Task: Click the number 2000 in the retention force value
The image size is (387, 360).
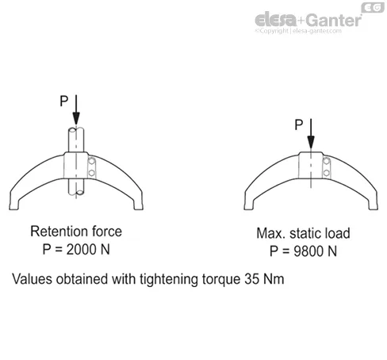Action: (x=81, y=250)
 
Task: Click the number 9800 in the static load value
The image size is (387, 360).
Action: (x=308, y=251)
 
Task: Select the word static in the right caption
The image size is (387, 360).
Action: (x=301, y=233)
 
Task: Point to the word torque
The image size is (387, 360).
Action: (x=221, y=280)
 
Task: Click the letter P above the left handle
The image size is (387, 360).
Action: (x=64, y=101)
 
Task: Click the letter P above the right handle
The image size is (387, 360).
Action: (x=299, y=124)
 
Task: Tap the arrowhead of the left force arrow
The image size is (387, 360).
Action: (x=76, y=118)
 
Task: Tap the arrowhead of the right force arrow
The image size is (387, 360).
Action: (x=311, y=142)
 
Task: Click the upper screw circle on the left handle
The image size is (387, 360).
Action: (x=92, y=161)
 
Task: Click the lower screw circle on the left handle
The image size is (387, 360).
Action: (x=92, y=173)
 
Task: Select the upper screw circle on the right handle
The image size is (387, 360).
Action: (x=327, y=161)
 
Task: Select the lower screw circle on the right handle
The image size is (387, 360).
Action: (x=327, y=173)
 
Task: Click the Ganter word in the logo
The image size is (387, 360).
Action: (x=334, y=20)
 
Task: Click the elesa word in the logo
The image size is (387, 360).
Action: (x=275, y=20)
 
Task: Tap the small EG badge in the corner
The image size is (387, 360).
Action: (x=373, y=8)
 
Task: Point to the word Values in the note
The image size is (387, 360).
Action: (x=32, y=279)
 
